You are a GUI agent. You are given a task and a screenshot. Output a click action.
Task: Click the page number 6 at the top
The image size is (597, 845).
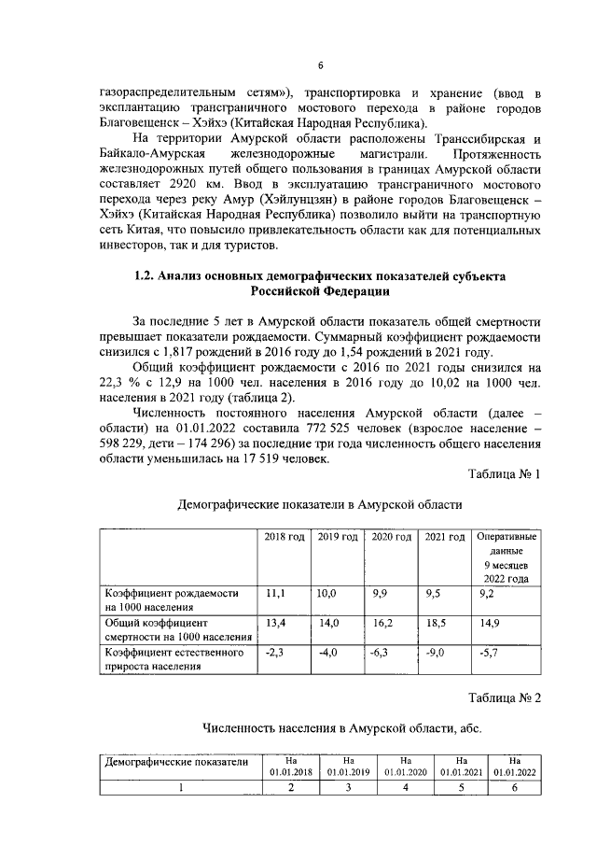(319, 64)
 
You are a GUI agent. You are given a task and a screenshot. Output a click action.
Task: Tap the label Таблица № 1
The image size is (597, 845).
(504, 473)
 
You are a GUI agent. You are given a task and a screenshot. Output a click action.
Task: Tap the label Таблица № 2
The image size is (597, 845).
(504, 697)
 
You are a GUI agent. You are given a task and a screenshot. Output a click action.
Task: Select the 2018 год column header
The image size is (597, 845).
(284, 537)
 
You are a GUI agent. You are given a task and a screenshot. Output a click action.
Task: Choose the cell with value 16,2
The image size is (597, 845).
(382, 620)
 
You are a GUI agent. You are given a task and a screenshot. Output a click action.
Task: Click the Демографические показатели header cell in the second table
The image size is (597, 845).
(177, 761)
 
